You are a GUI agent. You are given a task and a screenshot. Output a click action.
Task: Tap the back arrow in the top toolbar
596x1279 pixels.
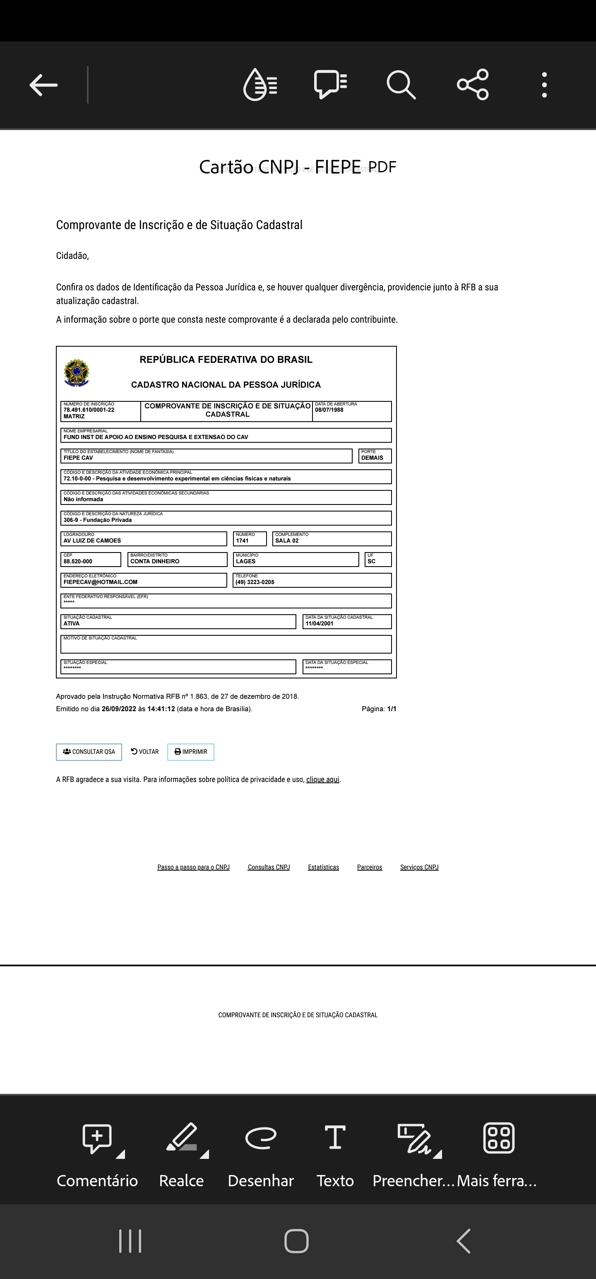(x=44, y=85)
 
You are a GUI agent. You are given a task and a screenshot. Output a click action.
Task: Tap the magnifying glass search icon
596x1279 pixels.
(x=401, y=85)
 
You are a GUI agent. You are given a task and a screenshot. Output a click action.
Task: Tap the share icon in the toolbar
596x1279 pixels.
(x=472, y=85)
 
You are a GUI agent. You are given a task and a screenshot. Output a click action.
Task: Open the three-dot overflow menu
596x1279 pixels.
(x=544, y=85)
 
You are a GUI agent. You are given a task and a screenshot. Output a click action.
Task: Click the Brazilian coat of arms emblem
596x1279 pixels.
(x=77, y=373)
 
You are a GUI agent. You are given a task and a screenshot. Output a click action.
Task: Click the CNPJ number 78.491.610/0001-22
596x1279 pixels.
(x=89, y=410)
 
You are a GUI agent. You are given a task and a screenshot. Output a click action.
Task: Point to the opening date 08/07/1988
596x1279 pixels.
(x=329, y=410)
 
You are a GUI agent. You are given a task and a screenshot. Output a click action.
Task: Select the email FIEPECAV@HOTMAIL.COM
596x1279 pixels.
(x=100, y=582)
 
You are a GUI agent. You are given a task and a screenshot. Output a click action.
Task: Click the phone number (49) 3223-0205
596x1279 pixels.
(x=255, y=582)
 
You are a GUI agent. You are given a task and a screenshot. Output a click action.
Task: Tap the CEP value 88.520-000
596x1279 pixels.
(x=78, y=562)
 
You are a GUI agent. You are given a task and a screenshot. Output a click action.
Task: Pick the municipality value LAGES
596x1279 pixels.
(x=246, y=562)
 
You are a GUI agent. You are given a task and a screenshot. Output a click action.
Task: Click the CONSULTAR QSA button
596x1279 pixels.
(x=89, y=752)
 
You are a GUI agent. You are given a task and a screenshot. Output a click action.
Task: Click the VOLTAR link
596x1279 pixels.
(x=145, y=752)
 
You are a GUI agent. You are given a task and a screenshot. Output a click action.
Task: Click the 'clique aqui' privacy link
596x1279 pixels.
(x=322, y=779)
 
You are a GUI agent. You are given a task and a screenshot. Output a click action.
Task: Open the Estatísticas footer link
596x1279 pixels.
(x=323, y=867)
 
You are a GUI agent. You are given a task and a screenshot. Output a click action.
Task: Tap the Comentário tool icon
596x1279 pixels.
(x=97, y=1138)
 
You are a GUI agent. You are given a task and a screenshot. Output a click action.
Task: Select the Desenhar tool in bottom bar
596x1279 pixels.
(x=260, y=1138)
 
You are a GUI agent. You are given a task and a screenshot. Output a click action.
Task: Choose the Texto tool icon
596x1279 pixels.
(x=335, y=1138)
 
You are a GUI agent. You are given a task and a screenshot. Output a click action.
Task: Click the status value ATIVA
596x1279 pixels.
(x=72, y=624)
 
